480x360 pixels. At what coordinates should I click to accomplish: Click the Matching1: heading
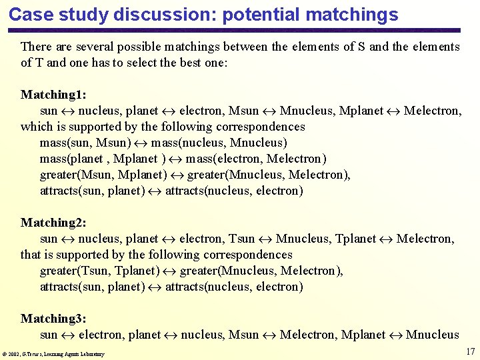(53, 95)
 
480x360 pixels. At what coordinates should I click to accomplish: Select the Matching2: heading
(53, 223)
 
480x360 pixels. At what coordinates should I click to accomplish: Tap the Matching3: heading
(53, 319)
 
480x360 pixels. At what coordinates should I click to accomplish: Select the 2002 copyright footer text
(54, 354)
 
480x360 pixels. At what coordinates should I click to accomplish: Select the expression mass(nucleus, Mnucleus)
(219, 143)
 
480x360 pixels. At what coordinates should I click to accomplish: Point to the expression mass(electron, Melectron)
(257, 159)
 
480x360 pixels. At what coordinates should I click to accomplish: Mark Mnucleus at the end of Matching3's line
(432, 335)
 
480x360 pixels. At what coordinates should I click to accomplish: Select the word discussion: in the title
(165, 14)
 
